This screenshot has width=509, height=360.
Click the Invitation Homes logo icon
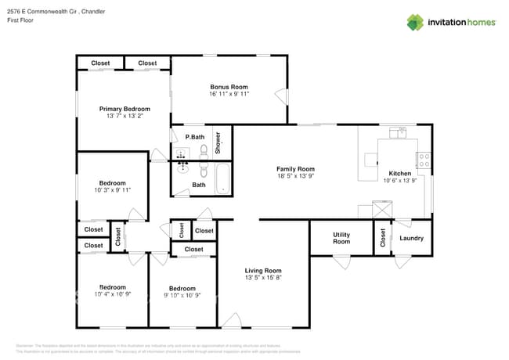tap(415, 22)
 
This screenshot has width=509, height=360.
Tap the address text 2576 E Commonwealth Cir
tap(56, 12)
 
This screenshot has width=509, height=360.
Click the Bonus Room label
tap(229, 87)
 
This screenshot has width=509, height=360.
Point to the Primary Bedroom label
tap(124, 109)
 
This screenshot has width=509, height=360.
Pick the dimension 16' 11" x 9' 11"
tap(229, 94)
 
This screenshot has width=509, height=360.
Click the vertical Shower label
tap(218, 141)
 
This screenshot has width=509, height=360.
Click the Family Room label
tap(295, 169)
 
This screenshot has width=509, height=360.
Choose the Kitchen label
tap(399, 173)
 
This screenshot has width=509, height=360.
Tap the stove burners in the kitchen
tap(424, 160)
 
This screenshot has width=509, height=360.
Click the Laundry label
tap(411, 238)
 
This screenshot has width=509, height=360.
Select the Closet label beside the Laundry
tap(382, 238)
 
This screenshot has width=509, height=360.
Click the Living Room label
tap(262, 271)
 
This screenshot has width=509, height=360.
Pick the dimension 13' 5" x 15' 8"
tap(262, 278)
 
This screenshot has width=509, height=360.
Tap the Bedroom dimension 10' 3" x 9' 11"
tap(113, 189)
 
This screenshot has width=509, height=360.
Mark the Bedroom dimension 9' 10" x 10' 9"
tap(182, 295)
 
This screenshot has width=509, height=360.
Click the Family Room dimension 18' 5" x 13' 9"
tap(295, 176)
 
